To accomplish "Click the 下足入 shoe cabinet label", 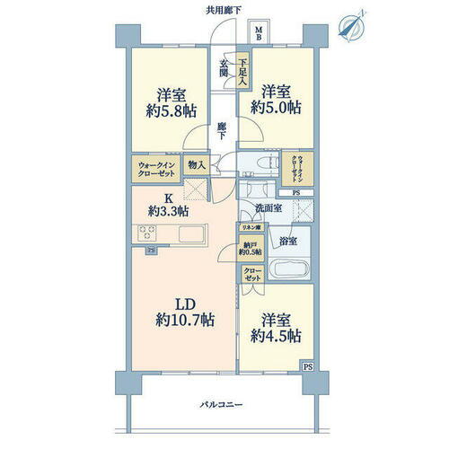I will [x=242, y=70].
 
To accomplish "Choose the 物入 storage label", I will [x=196, y=166].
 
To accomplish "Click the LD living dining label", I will [x=182, y=301].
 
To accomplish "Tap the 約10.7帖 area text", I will [x=182, y=320].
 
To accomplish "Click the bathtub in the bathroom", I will [x=289, y=269].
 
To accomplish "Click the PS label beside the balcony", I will [x=308, y=366].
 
